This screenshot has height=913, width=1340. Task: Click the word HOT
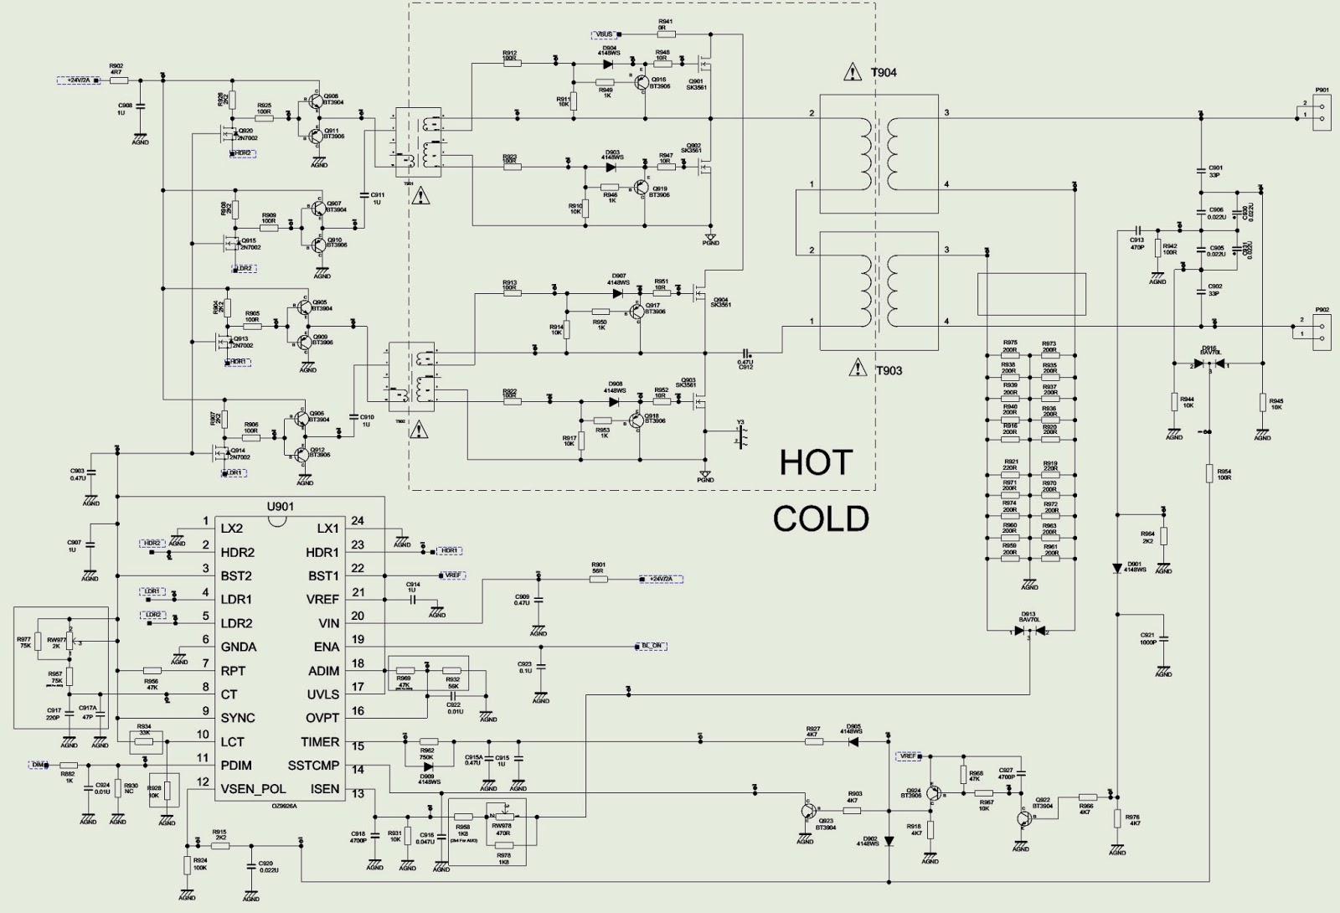click(x=816, y=463)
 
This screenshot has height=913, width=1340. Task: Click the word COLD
click(x=821, y=519)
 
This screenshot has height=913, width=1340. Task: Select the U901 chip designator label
click(x=280, y=507)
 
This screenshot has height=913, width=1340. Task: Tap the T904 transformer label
click(x=884, y=73)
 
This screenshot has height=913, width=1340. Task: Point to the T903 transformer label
click(x=889, y=370)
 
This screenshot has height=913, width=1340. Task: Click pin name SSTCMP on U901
click(x=313, y=766)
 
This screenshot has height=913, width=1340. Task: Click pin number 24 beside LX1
click(x=358, y=521)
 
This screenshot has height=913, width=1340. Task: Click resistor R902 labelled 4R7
click(x=116, y=80)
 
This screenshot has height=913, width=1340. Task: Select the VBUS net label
click(x=605, y=34)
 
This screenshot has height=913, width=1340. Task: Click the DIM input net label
click(x=39, y=765)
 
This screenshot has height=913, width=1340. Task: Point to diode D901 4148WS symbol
click(x=1117, y=568)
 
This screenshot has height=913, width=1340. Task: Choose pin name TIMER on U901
click(x=320, y=742)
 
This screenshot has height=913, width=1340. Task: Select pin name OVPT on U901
click(x=322, y=718)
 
